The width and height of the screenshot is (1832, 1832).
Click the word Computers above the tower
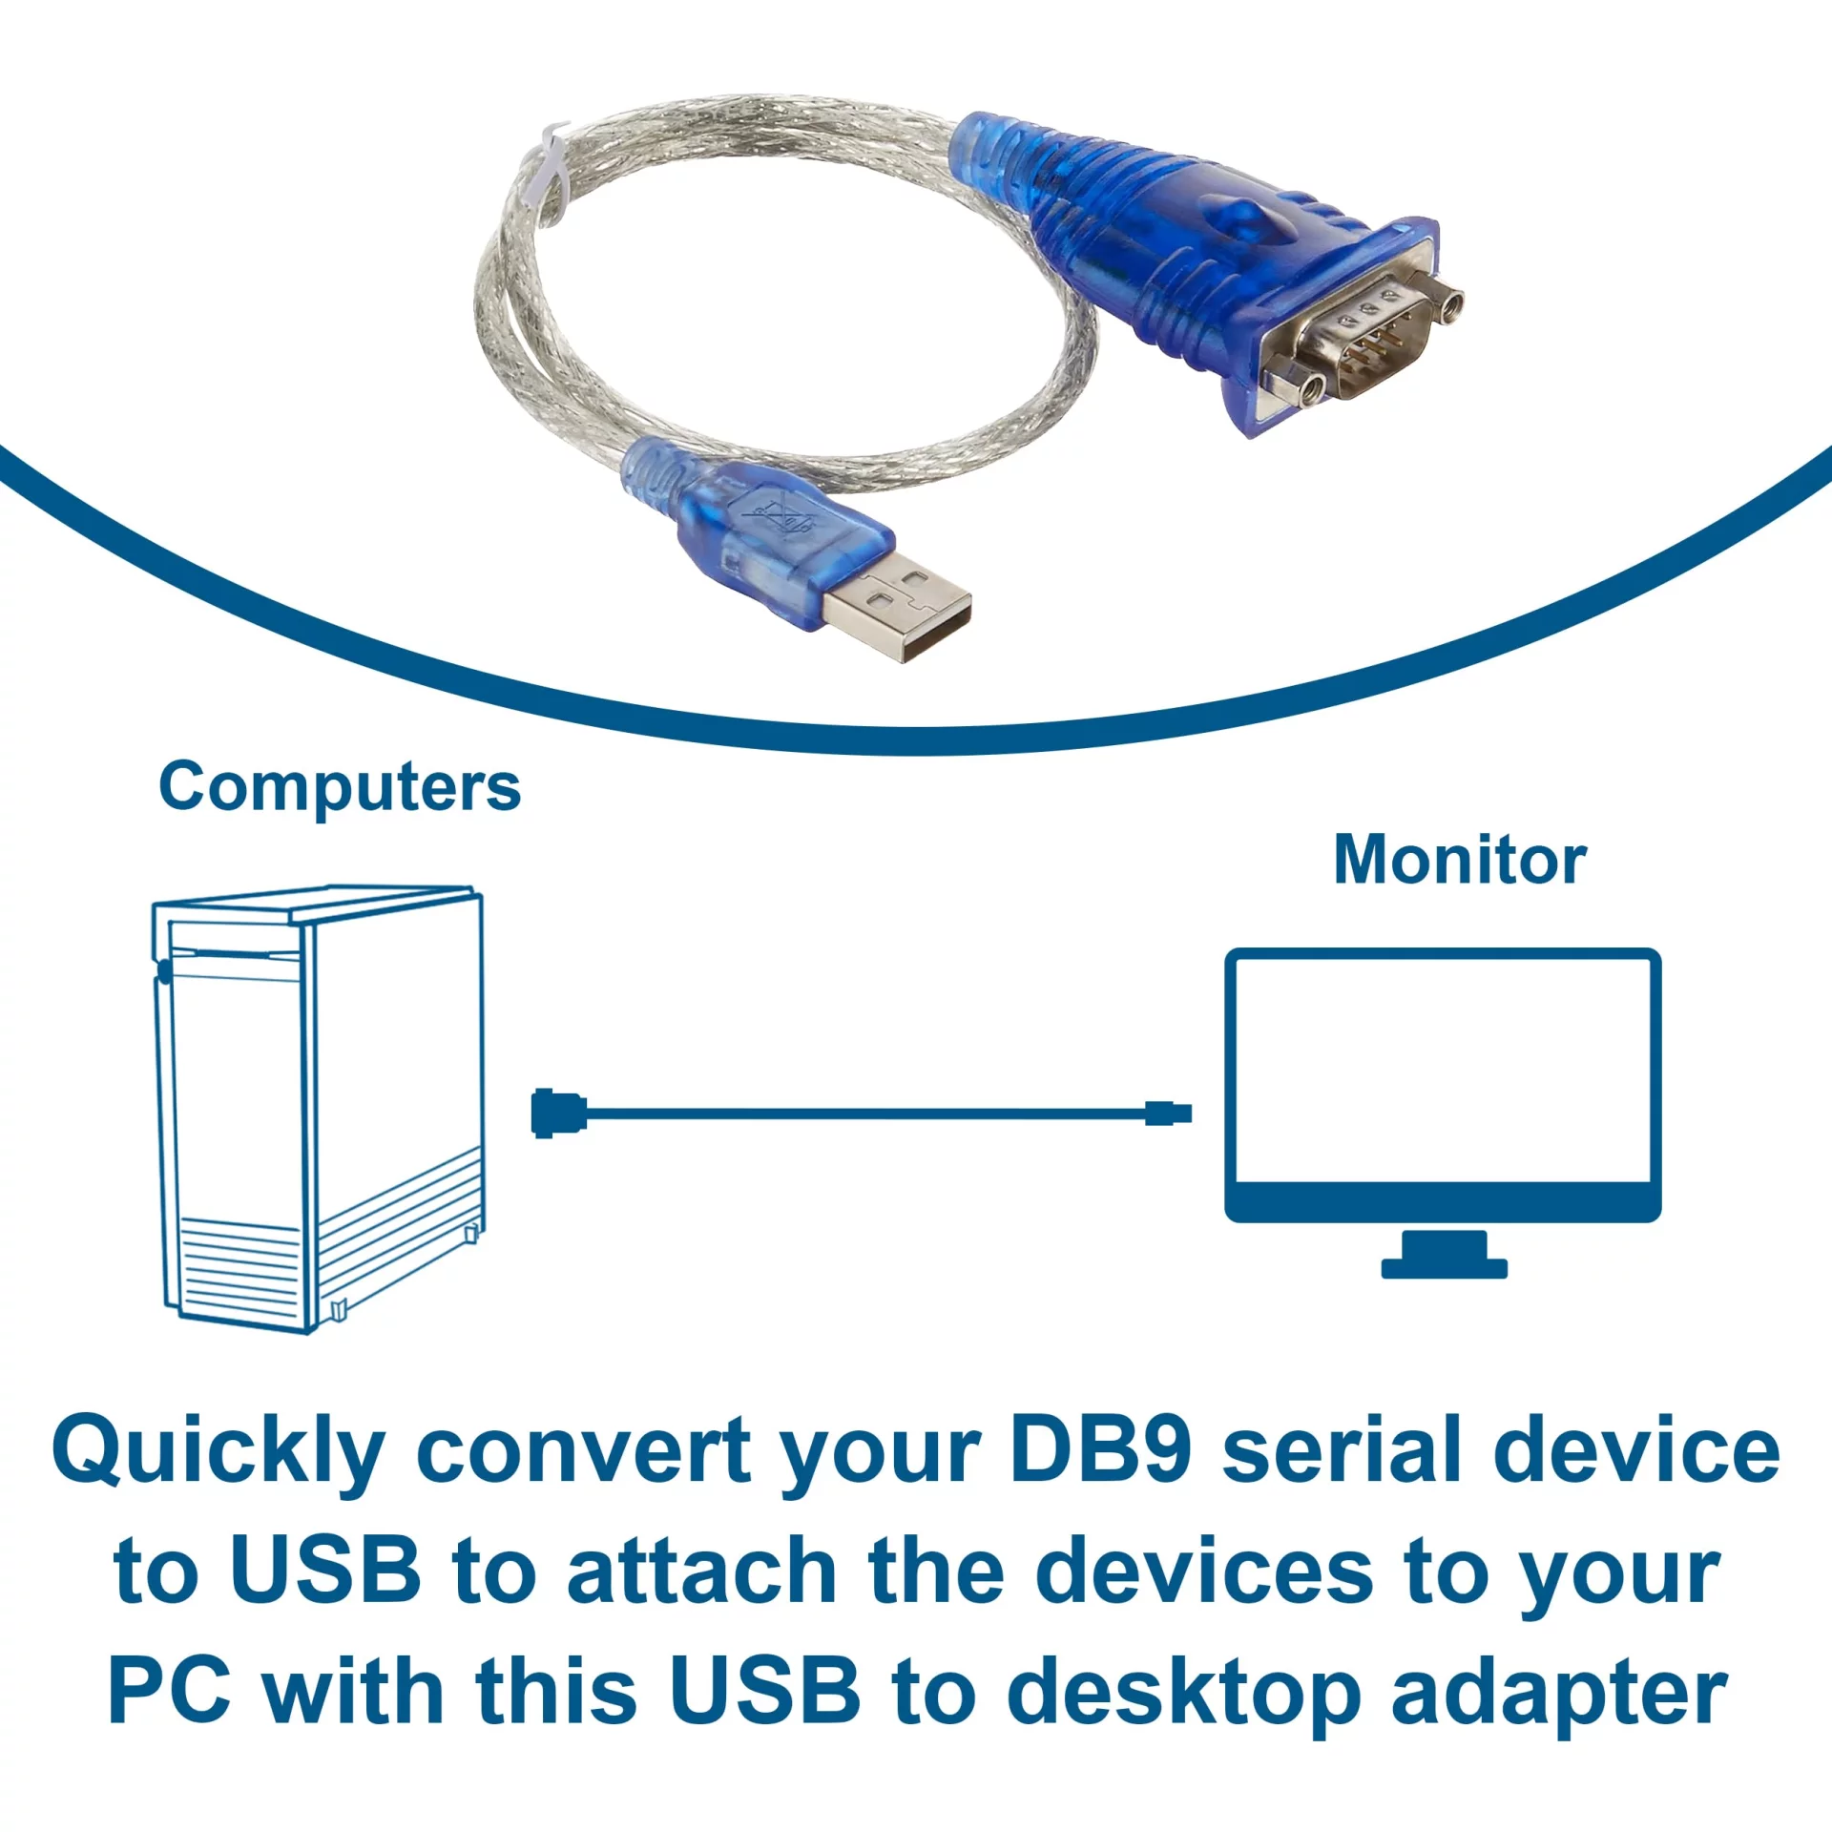point(340,789)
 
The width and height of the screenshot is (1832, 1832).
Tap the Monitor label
point(1460,861)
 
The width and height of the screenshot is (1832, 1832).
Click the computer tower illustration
point(318,1109)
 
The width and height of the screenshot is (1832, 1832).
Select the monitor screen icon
point(1443,1085)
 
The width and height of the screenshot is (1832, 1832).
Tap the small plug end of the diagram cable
point(1168,1113)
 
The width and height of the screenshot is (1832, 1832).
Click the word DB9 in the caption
point(1100,1449)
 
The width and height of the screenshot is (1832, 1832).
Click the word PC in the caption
point(170,1688)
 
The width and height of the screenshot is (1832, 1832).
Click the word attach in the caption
point(702,1569)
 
